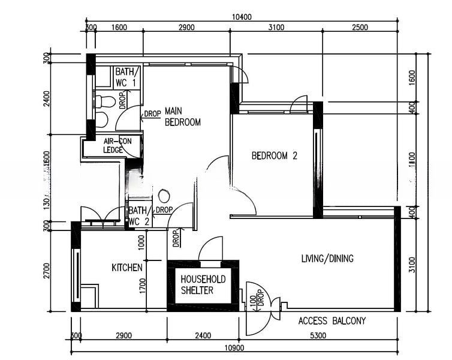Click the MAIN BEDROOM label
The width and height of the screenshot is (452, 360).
pyautogui.click(x=182, y=116)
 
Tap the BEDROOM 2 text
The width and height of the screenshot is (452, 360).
pyautogui.click(x=274, y=156)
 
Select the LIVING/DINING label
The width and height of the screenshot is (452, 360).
pyautogui.click(x=327, y=259)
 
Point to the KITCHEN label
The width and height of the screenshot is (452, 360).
pyautogui.click(x=127, y=268)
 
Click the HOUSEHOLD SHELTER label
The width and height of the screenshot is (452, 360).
pyautogui.click(x=203, y=285)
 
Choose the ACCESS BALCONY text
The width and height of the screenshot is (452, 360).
pyautogui.click(x=332, y=321)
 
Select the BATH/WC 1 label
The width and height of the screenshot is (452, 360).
pyautogui.click(x=126, y=77)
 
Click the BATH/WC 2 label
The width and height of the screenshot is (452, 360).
pyautogui.click(x=138, y=216)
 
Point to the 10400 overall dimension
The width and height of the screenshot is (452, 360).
pyautogui.click(x=241, y=19)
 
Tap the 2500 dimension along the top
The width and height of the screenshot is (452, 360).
pyautogui.click(x=360, y=28)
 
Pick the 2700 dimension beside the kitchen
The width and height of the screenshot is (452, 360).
pyautogui.click(x=46, y=271)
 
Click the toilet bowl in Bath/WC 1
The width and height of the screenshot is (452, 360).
pyautogui.click(x=104, y=101)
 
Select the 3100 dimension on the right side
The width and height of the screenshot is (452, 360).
pyautogui.click(x=412, y=265)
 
